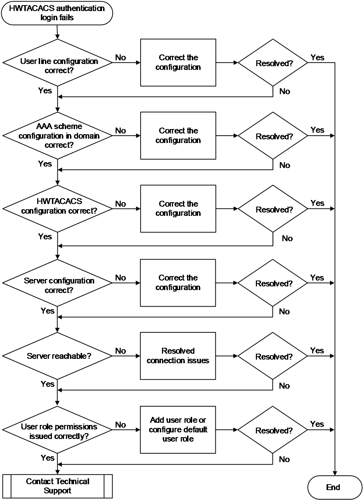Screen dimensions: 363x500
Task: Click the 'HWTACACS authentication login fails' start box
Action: tap(57, 13)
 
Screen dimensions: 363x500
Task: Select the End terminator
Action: tap(335, 487)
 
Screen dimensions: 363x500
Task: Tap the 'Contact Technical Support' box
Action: tap(57, 486)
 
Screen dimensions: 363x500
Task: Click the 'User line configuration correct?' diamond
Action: tap(57, 63)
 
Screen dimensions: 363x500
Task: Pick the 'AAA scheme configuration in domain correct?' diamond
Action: tap(57, 136)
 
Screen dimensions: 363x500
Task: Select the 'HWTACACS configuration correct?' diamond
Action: tap(57, 209)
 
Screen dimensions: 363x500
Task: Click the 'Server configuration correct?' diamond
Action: tap(57, 283)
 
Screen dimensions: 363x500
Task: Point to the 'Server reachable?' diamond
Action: tap(57, 356)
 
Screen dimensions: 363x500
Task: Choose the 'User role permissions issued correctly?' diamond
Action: tap(57, 430)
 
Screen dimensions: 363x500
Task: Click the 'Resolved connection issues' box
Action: tap(178, 356)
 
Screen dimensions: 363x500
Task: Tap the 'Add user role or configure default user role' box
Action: tap(178, 430)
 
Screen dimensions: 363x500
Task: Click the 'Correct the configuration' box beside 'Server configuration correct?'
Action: tap(178, 283)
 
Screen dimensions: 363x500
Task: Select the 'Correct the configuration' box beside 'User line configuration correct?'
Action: tap(178, 63)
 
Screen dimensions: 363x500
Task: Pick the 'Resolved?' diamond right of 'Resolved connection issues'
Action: tap(273, 356)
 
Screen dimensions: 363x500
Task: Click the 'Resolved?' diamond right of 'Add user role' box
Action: tap(273, 430)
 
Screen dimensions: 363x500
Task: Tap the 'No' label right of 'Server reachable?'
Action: tap(120, 351)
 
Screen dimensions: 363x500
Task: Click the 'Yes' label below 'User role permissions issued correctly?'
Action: tap(47, 458)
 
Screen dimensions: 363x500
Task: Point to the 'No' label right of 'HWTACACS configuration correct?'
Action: tap(120, 204)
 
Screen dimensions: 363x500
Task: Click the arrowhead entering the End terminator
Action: tap(335, 473)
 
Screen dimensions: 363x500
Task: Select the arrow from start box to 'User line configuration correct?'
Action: tap(57, 32)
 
